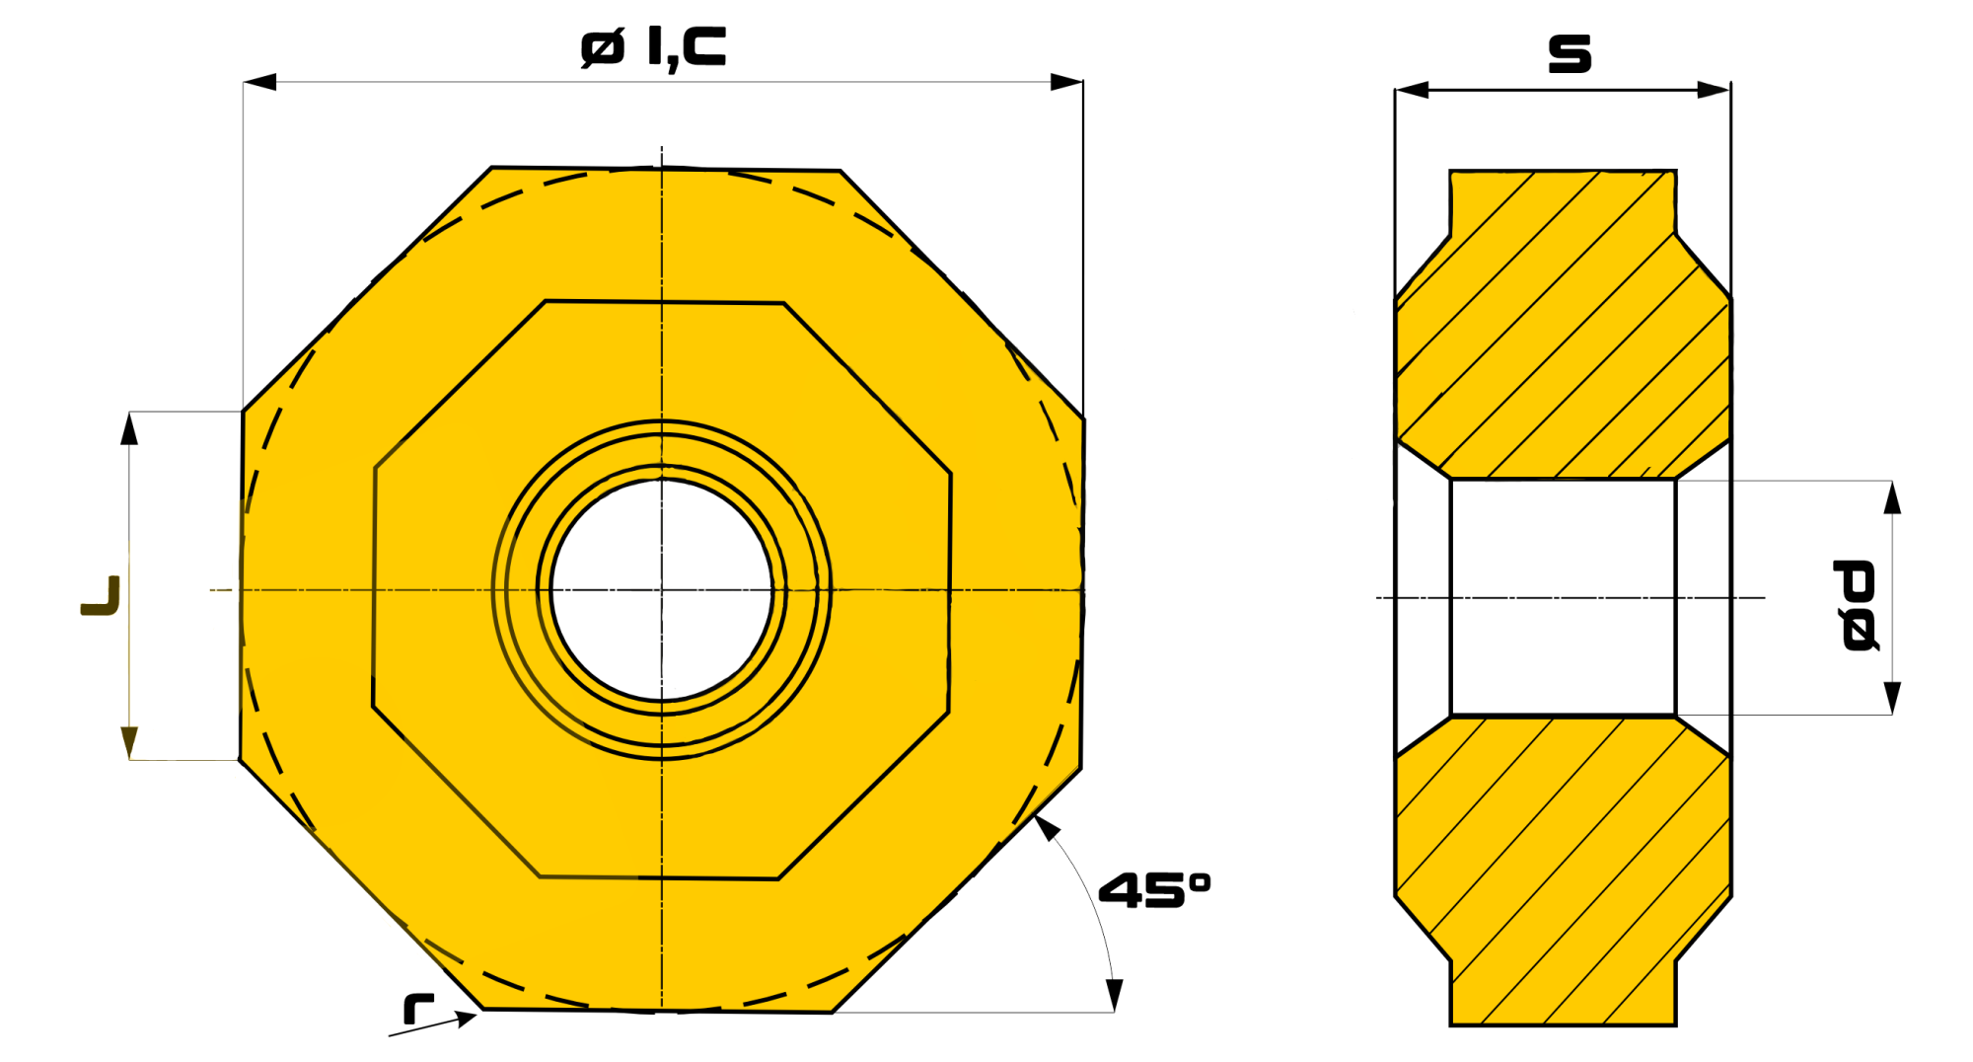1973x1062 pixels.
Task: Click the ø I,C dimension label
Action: (653, 47)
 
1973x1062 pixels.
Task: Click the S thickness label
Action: (1570, 53)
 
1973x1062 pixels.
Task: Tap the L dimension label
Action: (101, 596)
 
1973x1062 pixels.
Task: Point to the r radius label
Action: (418, 1008)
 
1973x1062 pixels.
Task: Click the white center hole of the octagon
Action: (662, 590)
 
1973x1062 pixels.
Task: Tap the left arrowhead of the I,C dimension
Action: (259, 82)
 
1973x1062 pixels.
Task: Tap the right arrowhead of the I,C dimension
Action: (1066, 82)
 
